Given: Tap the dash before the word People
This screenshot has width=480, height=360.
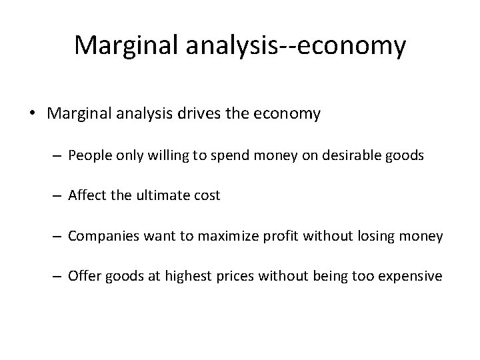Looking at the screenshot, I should (57, 156).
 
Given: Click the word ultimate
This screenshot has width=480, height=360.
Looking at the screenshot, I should (159, 195).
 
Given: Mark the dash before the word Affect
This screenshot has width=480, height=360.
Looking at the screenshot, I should (57, 196).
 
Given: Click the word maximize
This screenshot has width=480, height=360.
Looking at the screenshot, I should (220, 235).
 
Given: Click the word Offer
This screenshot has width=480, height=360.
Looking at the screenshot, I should (84, 275).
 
